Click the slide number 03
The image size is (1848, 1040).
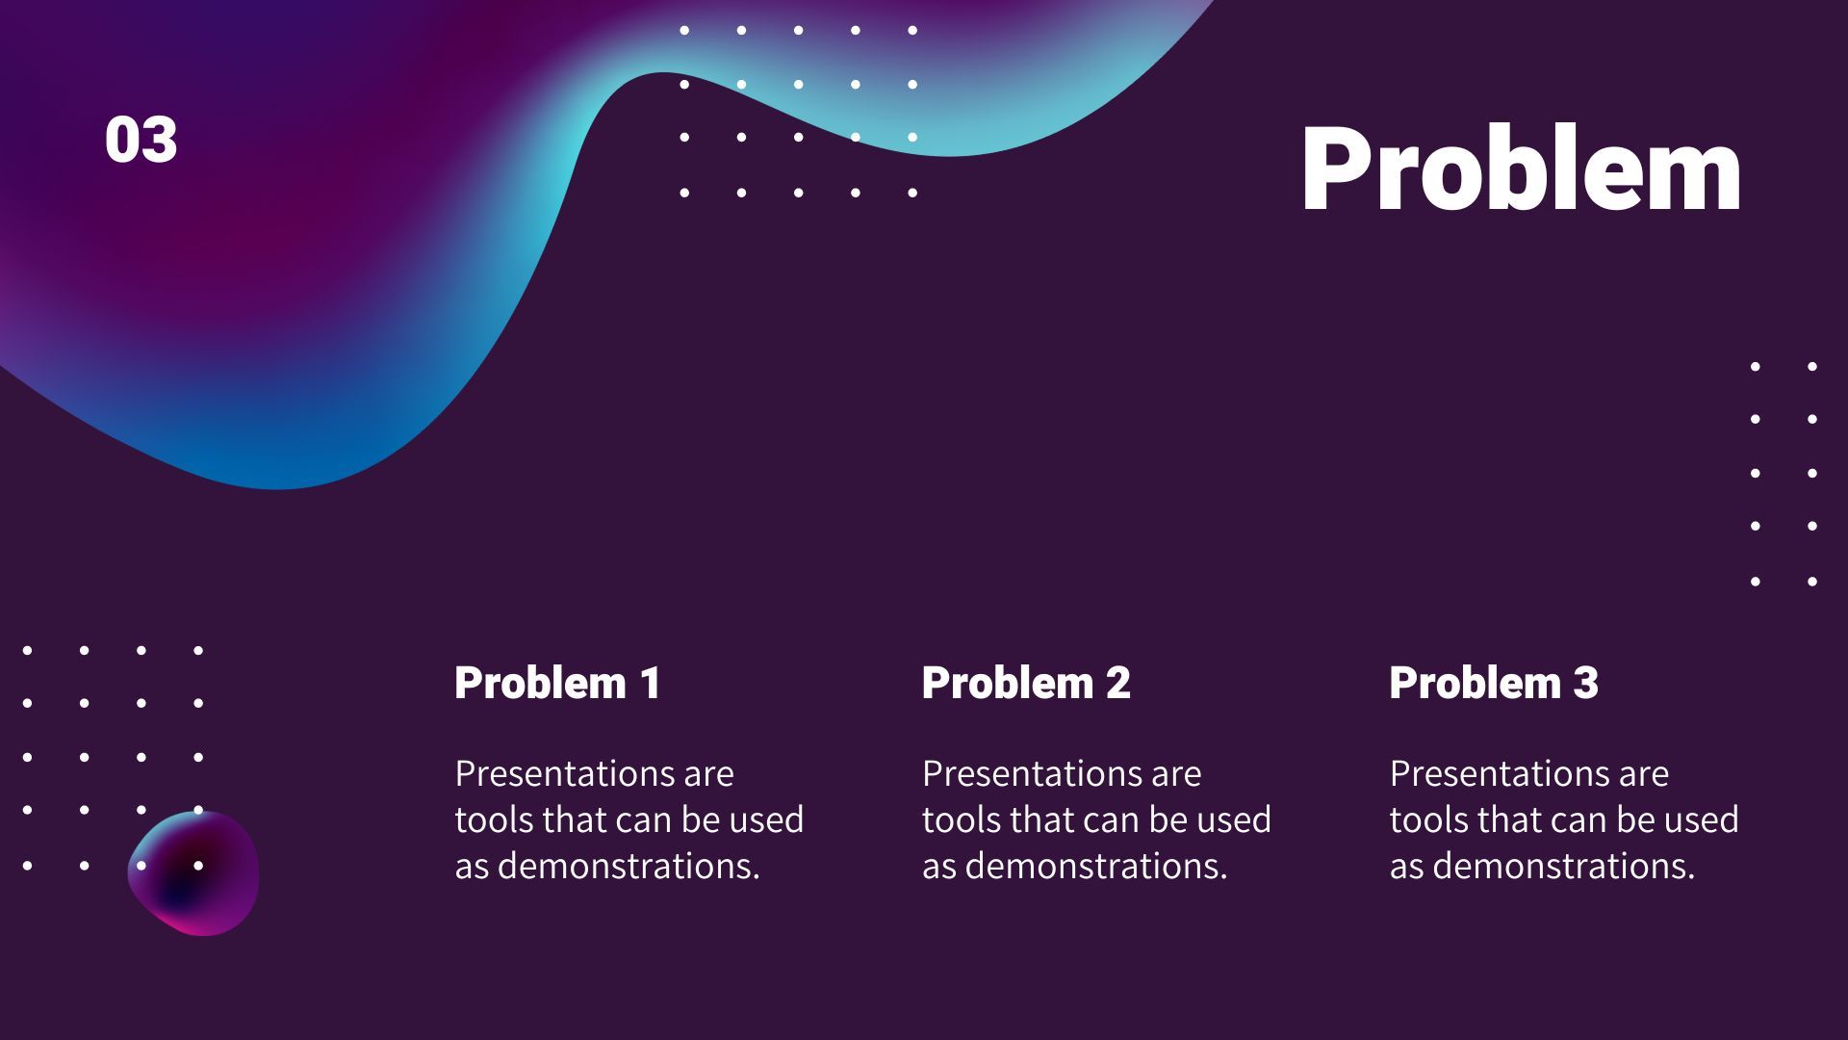click(x=141, y=140)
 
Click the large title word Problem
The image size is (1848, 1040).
click(x=1521, y=169)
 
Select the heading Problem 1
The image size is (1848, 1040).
click(x=558, y=683)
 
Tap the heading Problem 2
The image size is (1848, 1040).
click(x=1026, y=683)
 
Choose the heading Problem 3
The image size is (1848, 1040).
click(x=1494, y=683)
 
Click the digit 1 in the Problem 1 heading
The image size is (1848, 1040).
click(x=651, y=683)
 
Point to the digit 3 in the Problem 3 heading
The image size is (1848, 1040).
click(x=1586, y=683)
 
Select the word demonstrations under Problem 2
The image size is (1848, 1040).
click(x=1096, y=866)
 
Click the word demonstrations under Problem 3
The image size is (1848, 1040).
click(x=1564, y=866)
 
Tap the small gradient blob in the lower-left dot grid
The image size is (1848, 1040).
click(x=193, y=873)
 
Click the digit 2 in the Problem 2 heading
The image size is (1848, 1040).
click(x=1118, y=683)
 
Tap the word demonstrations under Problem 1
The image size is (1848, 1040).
click(x=629, y=866)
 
